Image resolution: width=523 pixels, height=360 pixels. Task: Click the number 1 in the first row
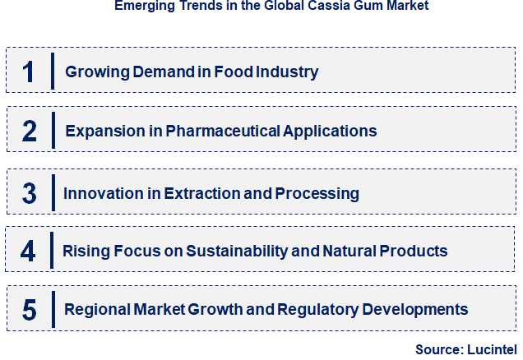(x=29, y=72)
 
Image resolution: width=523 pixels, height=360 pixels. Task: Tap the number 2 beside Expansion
(x=30, y=131)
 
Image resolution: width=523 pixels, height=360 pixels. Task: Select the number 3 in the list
(x=30, y=194)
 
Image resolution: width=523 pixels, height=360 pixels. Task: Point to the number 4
(x=29, y=251)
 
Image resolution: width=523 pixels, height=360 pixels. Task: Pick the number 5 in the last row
(x=30, y=310)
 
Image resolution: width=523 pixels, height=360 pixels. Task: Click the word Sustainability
(x=255, y=250)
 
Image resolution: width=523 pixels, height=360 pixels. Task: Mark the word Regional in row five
(x=98, y=310)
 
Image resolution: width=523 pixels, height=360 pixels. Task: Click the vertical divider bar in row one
(x=53, y=71)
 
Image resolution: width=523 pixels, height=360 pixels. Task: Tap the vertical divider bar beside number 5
(x=53, y=309)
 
